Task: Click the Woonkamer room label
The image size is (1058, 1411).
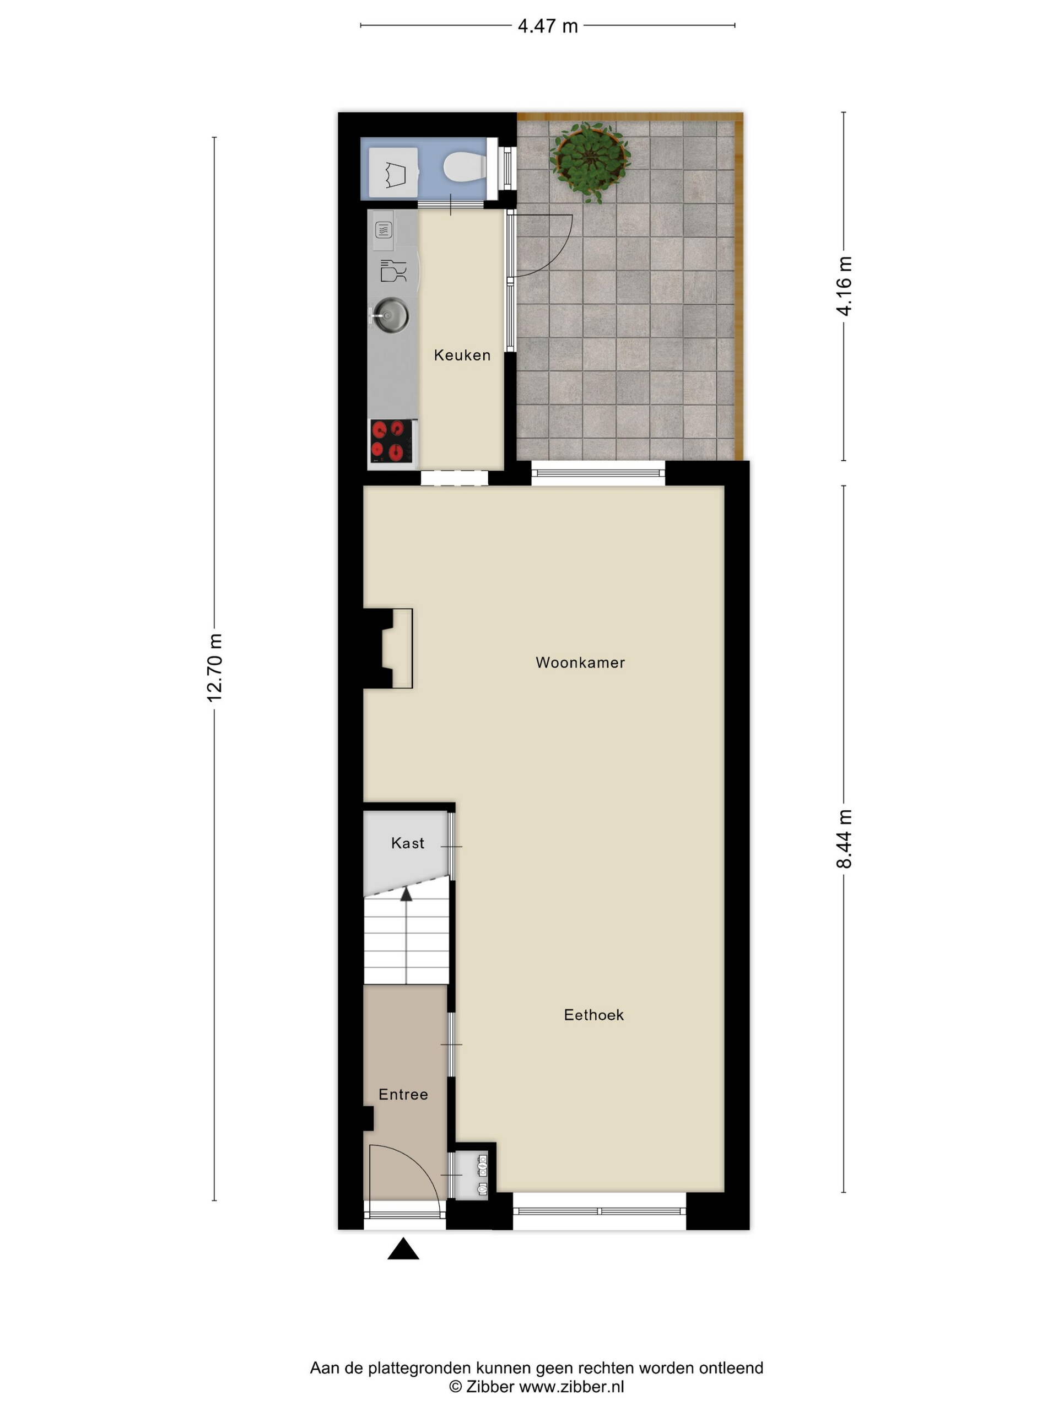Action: click(580, 663)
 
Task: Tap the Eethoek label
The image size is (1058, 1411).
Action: click(593, 1014)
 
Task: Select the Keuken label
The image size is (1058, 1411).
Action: click(462, 356)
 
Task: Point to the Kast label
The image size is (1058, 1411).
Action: click(408, 843)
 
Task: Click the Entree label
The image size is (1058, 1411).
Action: click(403, 1095)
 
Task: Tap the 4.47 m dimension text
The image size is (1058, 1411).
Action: click(547, 26)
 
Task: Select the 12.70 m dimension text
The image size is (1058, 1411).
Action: click(214, 668)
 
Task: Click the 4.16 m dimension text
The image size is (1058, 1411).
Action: click(844, 286)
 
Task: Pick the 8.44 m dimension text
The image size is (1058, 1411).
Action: click(844, 839)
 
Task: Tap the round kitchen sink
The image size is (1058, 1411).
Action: click(391, 315)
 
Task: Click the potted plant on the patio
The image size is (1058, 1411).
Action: click(590, 161)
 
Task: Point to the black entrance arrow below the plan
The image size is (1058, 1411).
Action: click(403, 1248)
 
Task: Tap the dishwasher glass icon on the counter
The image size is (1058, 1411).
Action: click(393, 271)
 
